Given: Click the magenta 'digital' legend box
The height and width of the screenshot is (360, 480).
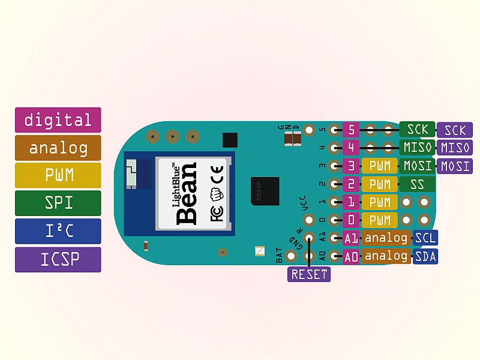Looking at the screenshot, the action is [x=58, y=120].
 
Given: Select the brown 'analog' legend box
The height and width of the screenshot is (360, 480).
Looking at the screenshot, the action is [x=58, y=148].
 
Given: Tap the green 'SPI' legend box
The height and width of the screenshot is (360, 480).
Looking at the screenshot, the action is [x=58, y=203].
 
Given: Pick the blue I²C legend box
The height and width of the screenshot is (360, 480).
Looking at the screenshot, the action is [x=58, y=231].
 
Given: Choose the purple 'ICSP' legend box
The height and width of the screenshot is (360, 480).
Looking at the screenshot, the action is [x=58, y=260].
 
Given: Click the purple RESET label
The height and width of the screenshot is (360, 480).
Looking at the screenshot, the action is [x=309, y=274].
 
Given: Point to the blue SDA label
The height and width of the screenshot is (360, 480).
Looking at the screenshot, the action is [x=425, y=257].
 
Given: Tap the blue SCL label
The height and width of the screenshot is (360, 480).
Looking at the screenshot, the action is [x=425, y=238].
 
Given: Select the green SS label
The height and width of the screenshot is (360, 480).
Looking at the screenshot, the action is [x=417, y=184].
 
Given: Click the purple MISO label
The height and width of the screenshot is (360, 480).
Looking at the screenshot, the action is [x=455, y=148].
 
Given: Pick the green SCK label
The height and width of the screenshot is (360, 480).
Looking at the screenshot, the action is [x=417, y=130].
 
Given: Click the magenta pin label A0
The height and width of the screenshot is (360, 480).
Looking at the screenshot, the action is [x=351, y=257].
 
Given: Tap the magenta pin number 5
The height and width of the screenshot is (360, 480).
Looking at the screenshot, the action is [x=351, y=130].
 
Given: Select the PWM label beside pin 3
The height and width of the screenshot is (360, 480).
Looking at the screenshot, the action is [x=380, y=166].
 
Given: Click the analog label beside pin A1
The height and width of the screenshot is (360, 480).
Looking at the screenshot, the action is [x=386, y=238].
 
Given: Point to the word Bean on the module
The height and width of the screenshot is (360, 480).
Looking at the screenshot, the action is [x=187, y=193].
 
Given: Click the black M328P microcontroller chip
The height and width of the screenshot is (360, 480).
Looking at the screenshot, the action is [x=265, y=191].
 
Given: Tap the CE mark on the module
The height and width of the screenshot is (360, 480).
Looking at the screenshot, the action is [x=217, y=175].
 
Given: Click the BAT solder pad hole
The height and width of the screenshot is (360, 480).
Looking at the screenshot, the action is [x=291, y=256].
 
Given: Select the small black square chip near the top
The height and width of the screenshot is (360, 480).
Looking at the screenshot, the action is [x=230, y=140].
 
